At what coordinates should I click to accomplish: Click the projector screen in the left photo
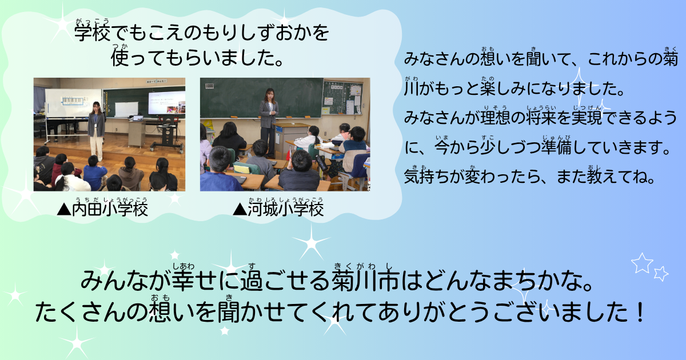point(166,103)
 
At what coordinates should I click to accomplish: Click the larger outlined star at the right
point(641,263)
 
